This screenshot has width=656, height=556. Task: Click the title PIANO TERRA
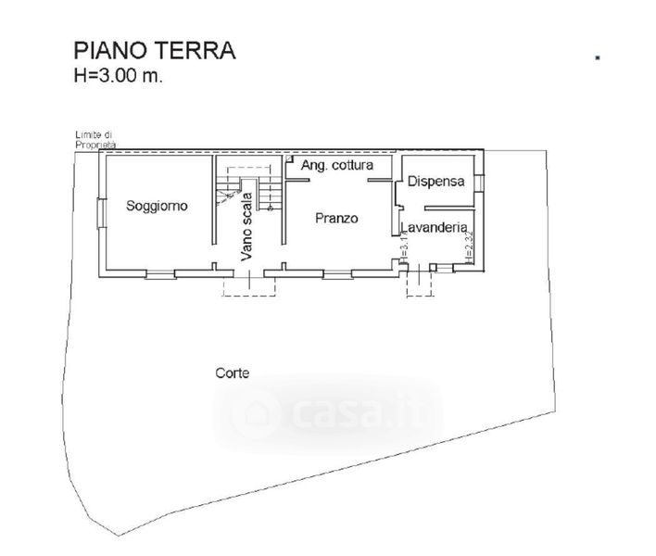click(x=154, y=50)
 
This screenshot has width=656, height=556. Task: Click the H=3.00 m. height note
click(x=118, y=77)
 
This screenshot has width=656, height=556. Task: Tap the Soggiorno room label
click(x=158, y=206)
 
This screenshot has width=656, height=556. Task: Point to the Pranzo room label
click(x=336, y=219)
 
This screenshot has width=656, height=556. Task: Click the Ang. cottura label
click(x=337, y=165)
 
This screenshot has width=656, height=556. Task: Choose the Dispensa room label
click(x=435, y=182)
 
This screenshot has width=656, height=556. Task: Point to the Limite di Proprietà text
click(x=96, y=140)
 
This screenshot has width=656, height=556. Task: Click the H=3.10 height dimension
click(x=405, y=248)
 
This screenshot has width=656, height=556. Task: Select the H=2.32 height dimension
click(x=470, y=248)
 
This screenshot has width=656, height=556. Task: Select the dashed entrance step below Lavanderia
click(x=421, y=282)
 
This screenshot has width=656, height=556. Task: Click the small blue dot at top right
click(x=598, y=57)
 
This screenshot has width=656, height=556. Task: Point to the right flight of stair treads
click(x=270, y=194)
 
